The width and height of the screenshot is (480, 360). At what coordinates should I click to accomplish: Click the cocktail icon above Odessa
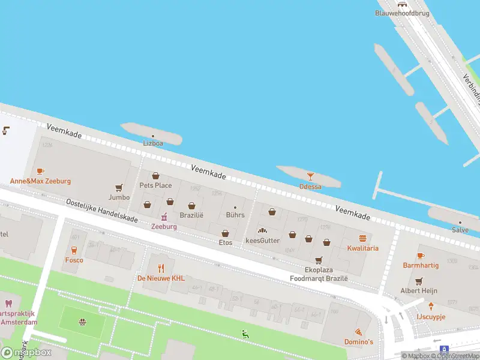point(310,176)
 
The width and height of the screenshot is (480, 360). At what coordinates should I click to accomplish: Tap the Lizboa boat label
point(152,143)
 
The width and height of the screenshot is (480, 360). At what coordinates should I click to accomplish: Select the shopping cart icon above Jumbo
point(119,187)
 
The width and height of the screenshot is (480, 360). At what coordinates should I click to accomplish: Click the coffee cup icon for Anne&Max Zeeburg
point(40,172)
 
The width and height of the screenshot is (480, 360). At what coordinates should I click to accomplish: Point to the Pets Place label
point(155,185)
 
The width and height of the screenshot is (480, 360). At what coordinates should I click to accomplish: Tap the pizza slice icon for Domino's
point(359,332)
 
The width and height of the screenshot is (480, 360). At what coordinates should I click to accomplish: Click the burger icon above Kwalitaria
point(362,238)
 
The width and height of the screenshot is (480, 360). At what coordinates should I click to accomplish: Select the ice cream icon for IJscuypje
point(430,307)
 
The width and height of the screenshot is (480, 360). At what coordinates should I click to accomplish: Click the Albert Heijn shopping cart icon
point(419,281)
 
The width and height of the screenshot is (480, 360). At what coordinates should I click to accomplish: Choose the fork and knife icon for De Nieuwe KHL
point(160,268)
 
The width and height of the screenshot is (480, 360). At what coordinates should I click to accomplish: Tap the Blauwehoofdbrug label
point(398,13)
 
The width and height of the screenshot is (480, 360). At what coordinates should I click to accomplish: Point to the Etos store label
point(225,242)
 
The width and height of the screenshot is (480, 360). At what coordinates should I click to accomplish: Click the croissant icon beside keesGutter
point(262,230)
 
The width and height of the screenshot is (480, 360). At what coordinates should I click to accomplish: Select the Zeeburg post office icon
point(164,217)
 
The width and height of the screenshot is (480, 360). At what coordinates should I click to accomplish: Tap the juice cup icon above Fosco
point(74,250)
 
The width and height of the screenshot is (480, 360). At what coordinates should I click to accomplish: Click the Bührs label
point(235,215)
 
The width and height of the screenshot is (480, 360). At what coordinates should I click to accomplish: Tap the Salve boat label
point(460,230)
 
